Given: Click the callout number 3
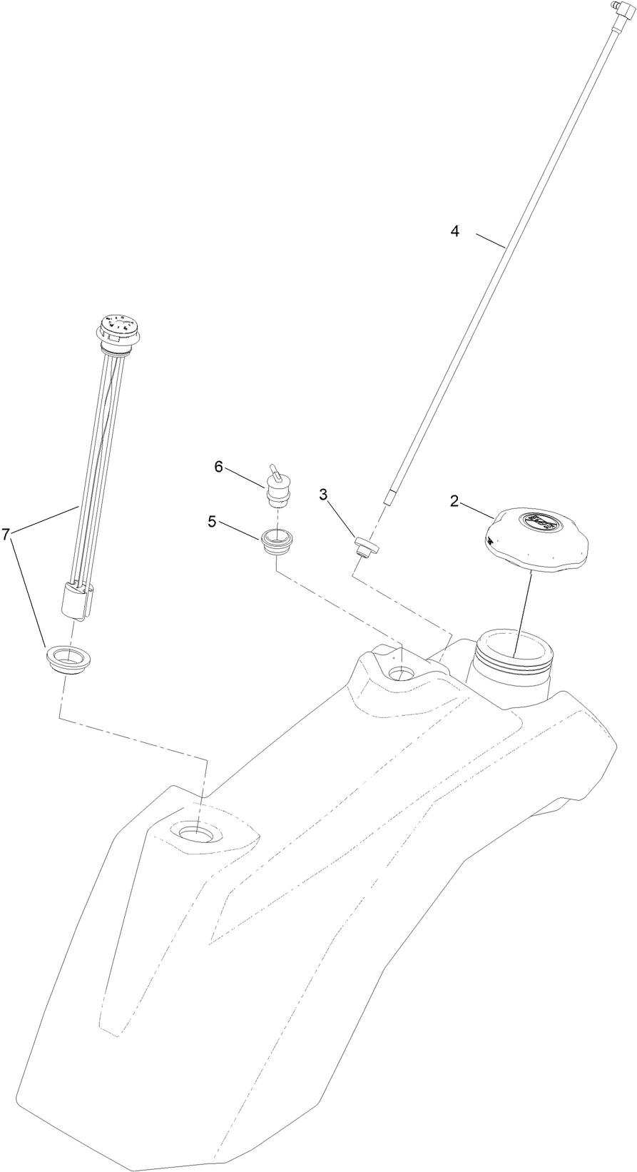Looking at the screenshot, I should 323,493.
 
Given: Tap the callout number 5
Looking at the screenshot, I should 213,521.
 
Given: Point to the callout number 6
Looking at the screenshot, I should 219,466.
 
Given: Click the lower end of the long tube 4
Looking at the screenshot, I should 389,497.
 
